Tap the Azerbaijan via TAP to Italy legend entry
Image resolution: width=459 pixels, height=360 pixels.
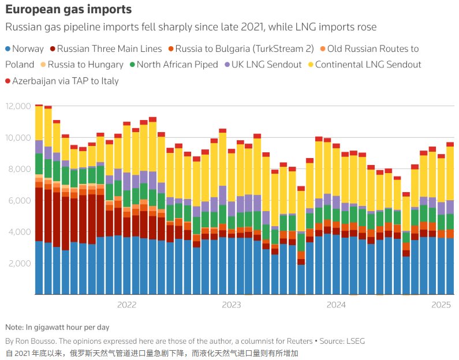(x=65, y=81)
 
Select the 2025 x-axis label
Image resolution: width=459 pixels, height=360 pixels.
(x=442, y=304)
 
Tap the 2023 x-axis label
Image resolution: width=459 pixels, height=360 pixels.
(x=232, y=304)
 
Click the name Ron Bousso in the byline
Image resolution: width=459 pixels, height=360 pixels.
(x=38, y=341)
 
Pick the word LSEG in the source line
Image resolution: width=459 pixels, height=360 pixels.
(x=353, y=341)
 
